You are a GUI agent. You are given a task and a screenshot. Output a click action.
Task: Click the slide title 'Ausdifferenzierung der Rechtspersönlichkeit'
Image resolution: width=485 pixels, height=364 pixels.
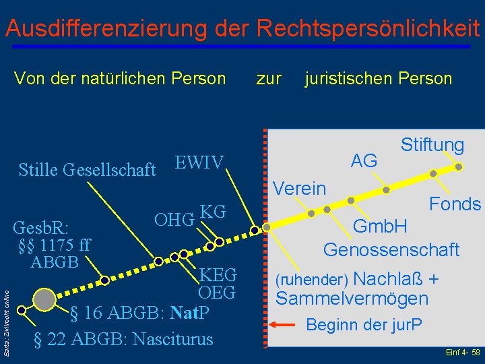click(242, 28)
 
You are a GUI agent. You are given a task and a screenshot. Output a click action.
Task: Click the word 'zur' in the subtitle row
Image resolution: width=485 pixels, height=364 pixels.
click(269, 79)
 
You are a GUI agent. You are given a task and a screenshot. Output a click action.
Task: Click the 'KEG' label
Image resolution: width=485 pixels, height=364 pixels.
click(218, 275)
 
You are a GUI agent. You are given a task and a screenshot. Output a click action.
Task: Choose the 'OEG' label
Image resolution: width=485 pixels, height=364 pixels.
click(216, 293)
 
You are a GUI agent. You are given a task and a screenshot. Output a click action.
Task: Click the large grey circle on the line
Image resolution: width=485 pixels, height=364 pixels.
click(44, 299)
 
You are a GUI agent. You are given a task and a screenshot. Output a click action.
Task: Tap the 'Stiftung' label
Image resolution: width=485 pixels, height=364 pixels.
click(432, 145)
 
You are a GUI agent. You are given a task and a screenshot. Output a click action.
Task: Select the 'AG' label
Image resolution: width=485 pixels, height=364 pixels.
click(364, 160)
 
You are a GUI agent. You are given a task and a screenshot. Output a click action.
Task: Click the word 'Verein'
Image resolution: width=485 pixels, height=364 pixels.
click(300, 189)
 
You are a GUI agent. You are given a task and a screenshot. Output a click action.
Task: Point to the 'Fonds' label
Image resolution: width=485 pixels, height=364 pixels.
click(455, 204)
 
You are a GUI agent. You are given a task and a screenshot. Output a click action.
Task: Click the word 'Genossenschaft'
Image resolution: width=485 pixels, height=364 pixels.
click(391, 250)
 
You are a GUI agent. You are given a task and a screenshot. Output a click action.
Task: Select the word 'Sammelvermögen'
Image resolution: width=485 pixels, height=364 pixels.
click(352, 298)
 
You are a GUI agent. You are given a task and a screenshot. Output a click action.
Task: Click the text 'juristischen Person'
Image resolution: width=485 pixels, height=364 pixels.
click(378, 79)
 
